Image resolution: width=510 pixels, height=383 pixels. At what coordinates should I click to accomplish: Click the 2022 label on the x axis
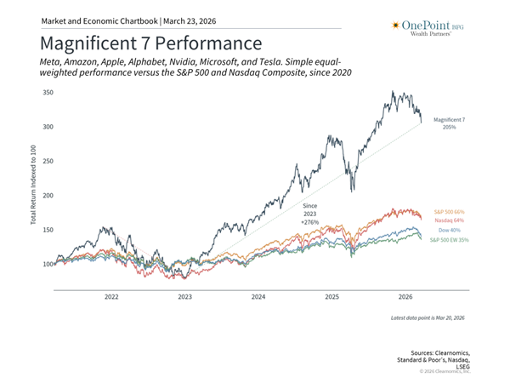pyautogui.click(x=111, y=297)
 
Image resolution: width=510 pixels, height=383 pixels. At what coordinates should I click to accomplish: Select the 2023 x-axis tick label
pyautogui.click(x=184, y=297)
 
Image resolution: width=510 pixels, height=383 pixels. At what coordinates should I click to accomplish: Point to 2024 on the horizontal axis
pyautogui.click(x=258, y=297)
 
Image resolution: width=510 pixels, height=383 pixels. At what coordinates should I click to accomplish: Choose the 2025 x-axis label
pyautogui.click(x=331, y=297)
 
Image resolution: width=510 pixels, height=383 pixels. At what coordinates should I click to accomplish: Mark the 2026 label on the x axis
pyautogui.click(x=405, y=297)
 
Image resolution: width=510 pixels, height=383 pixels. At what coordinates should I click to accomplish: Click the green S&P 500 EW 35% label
pyautogui.click(x=450, y=240)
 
